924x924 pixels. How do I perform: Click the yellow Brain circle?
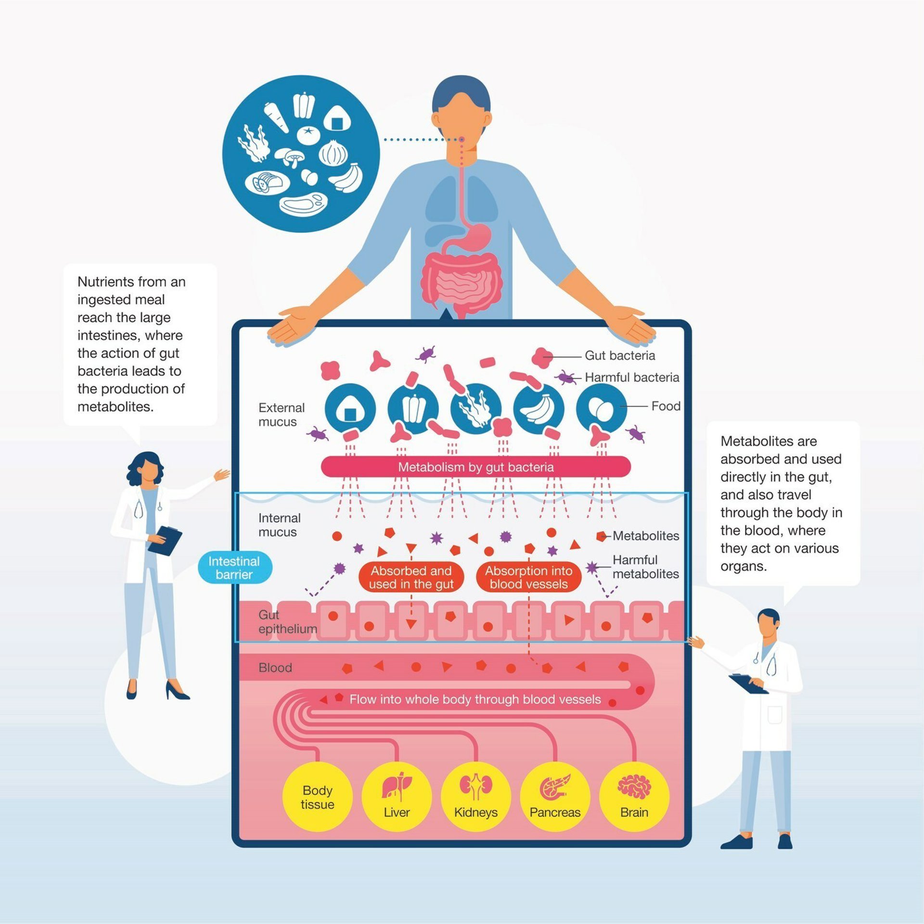[x=634, y=796]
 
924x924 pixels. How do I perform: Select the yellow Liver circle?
[x=397, y=796]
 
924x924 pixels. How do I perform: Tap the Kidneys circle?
[x=475, y=796]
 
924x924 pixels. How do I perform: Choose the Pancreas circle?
[x=555, y=796]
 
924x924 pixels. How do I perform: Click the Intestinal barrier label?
[x=234, y=568]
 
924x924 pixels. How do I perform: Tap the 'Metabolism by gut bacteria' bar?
[x=475, y=467]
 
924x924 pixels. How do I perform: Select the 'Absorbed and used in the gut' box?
[x=411, y=577]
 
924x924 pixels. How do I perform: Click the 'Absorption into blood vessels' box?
[x=528, y=577]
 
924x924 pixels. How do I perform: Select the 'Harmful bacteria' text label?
[x=631, y=378]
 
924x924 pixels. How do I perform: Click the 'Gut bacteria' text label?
[x=620, y=355]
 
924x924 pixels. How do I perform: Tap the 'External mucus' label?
[x=282, y=415]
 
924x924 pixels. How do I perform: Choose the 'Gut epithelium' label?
[x=287, y=621]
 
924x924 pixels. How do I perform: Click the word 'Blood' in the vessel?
[x=275, y=668]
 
